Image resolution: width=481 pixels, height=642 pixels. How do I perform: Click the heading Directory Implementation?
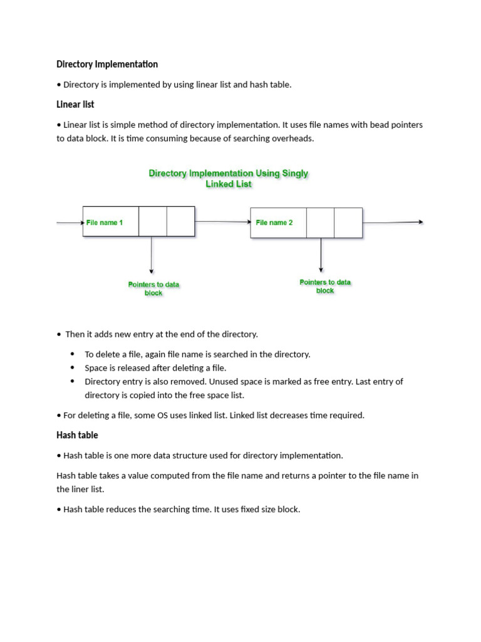107,64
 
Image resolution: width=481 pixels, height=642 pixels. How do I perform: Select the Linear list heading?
75,104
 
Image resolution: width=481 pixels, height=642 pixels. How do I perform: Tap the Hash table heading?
77,435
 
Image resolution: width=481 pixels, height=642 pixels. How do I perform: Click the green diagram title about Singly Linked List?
229,179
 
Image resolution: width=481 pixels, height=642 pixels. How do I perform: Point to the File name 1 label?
105,223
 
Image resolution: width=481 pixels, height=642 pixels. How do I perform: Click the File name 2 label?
274,223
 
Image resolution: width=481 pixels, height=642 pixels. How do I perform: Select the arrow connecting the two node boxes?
222,221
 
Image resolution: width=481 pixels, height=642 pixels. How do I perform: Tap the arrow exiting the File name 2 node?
393,222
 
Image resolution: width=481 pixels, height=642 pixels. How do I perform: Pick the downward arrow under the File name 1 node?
152,255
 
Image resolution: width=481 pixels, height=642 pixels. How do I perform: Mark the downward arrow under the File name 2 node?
321,254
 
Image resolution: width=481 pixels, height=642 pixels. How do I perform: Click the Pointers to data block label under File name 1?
153,288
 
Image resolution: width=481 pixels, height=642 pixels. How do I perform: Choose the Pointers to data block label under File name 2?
325,287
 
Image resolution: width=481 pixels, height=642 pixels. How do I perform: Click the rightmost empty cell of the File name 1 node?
180,221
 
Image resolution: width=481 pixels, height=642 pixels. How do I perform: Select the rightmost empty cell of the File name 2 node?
348,223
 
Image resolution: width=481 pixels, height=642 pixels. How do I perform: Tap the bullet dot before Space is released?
72,368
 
